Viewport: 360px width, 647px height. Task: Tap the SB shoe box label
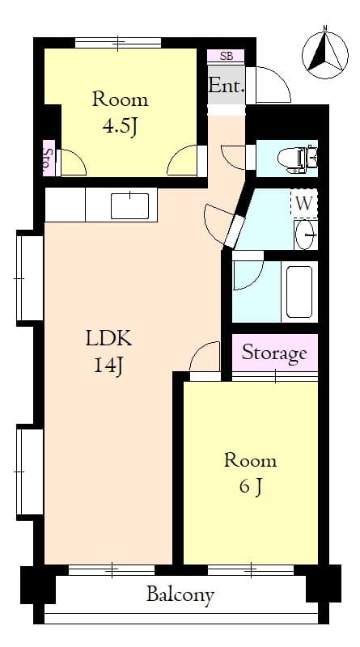pos(226,56)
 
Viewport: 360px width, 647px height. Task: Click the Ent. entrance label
pos(226,86)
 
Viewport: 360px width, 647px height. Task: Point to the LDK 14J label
pos(108,351)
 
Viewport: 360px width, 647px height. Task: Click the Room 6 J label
pos(250,473)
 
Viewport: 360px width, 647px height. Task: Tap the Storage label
pos(274,353)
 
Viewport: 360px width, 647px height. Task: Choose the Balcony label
pos(180,596)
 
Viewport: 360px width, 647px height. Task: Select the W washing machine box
pos(303,204)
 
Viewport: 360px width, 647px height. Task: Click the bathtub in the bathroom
pos(299,291)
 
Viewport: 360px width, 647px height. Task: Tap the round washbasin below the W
pos(306,235)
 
